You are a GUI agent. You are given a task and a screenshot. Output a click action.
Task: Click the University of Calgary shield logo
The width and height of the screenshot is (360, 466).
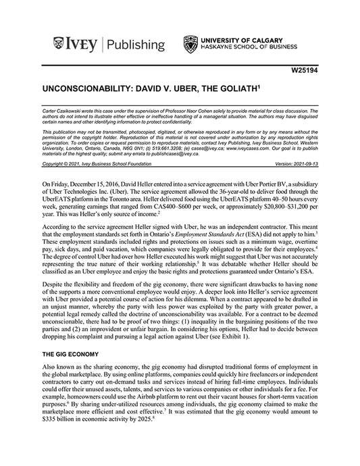pos(191,45)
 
